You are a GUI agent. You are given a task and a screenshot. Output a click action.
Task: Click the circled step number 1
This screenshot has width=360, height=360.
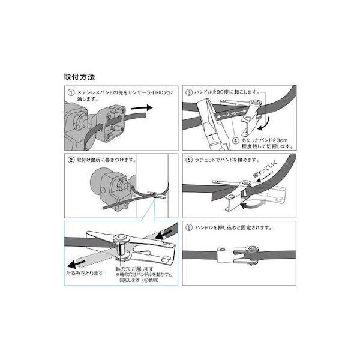tap(70, 93)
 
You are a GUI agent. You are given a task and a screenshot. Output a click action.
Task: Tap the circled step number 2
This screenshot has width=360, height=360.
tap(70, 161)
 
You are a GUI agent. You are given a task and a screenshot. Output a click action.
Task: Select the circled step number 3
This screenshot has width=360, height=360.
tap(189, 93)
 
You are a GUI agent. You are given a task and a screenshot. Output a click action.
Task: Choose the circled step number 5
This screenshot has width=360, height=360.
tap(189, 161)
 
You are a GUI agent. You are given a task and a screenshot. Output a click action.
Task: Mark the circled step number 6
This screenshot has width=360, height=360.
tap(189, 228)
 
